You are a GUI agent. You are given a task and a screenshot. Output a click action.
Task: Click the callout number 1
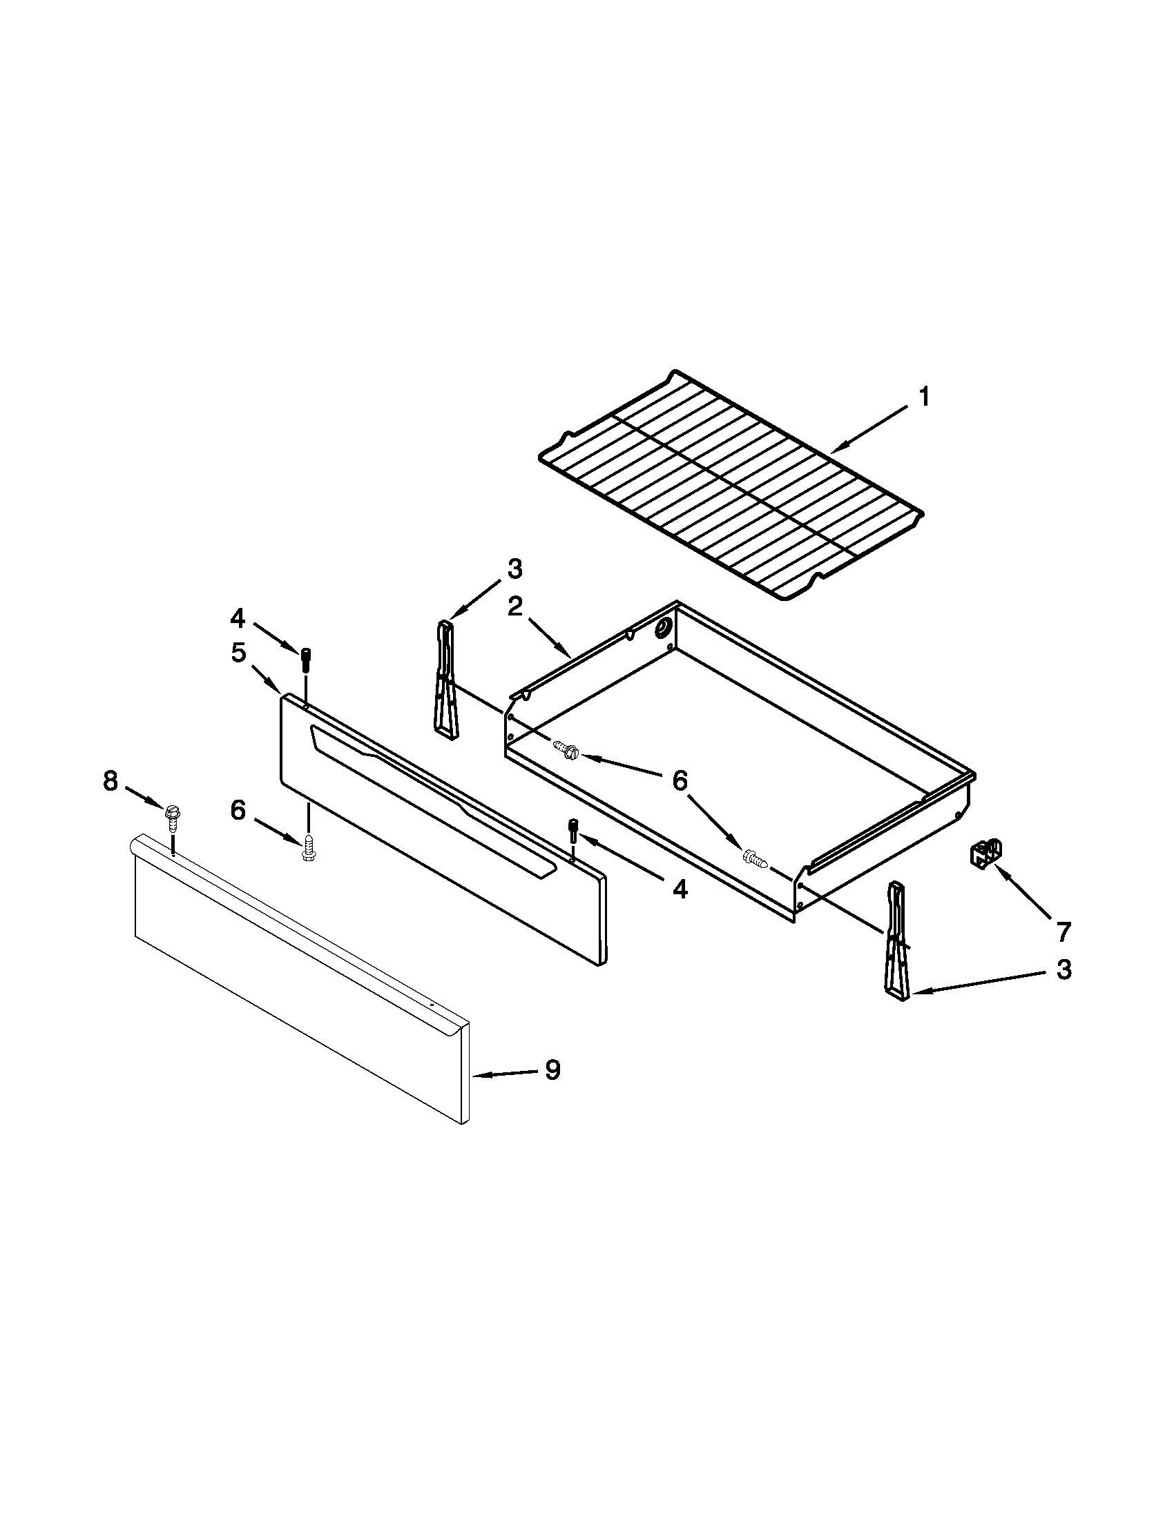(924, 398)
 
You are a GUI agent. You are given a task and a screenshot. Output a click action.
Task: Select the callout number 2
(514, 607)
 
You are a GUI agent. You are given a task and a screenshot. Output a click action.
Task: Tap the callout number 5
(238, 653)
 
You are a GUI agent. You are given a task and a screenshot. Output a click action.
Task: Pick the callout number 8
(110, 781)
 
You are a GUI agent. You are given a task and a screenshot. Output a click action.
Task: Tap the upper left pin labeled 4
(306, 658)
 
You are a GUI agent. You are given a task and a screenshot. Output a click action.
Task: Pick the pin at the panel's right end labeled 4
(573, 829)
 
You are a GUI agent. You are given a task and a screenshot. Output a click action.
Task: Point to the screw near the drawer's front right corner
(756, 859)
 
